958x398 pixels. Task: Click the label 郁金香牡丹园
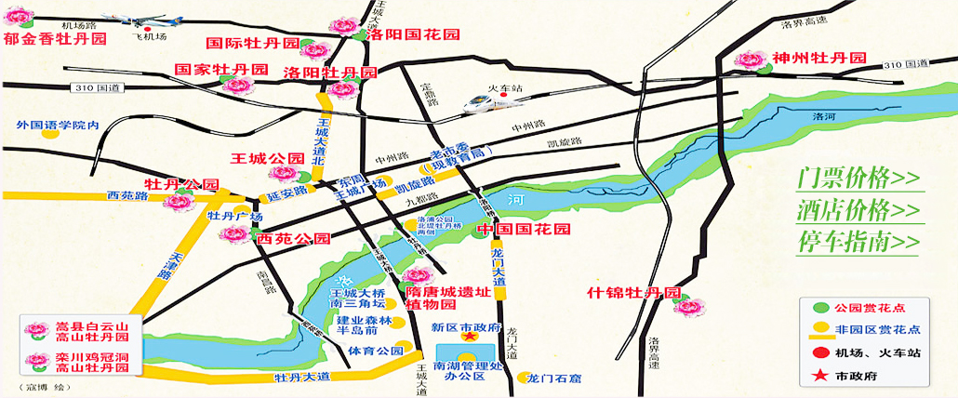click(x=55, y=40)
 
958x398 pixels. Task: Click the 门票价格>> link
click(x=858, y=178)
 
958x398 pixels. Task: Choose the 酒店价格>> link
click(x=858, y=209)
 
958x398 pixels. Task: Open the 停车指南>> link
click(x=858, y=242)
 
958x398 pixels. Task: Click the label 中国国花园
click(x=523, y=229)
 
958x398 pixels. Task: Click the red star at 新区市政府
click(x=470, y=338)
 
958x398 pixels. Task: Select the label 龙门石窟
click(x=554, y=378)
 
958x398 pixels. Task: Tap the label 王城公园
click(x=268, y=158)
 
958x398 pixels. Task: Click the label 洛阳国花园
click(x=413, y=34)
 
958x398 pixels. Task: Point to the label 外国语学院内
click(x=58, y=124)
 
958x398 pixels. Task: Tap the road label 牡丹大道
click(x=301, y=378)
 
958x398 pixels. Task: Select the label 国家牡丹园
click(x=221, y=70)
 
